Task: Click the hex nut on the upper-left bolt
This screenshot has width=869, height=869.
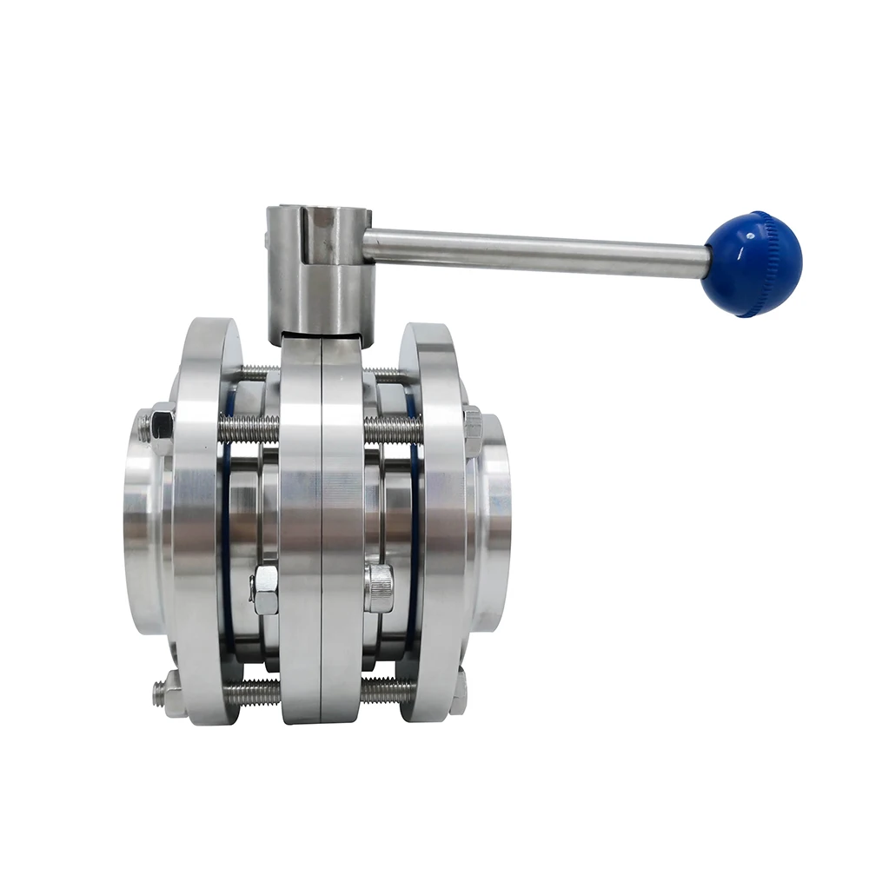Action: [x=162, y=425]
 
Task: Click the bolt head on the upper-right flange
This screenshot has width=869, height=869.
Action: [x=473, y=428]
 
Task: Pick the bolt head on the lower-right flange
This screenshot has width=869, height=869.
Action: [x=458, y=693]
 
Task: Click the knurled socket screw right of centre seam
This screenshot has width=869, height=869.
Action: [x=380, y=587]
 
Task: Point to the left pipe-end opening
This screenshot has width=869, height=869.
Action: [x=143, y=521]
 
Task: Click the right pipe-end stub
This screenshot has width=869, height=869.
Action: [x=494, y=521]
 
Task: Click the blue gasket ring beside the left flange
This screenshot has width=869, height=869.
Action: [x=227, y=521]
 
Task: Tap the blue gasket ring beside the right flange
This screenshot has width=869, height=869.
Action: [x=415, y=521]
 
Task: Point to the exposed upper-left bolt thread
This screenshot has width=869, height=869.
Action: [x=249, y=428]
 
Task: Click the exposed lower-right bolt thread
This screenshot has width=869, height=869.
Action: [x=388, y=691]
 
